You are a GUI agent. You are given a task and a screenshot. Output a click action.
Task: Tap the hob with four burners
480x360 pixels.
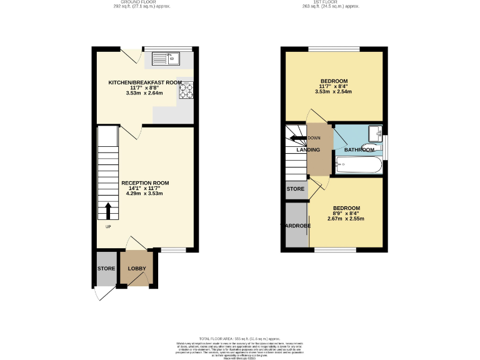point(186,91)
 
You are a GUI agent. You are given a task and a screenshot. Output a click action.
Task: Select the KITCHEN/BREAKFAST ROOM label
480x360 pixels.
point(145,82)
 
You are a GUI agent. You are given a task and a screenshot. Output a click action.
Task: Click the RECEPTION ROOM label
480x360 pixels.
point(145,182)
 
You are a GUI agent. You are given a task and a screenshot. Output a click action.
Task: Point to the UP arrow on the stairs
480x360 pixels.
point(108,210)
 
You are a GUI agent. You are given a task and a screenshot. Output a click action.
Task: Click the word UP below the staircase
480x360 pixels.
point(108,226)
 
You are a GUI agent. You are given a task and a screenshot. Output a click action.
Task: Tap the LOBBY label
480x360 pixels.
point(137,269)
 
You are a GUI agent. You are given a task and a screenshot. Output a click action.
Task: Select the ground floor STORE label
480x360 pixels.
point(106,269)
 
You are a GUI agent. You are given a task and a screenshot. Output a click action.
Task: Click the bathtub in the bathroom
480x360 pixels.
point(357,165)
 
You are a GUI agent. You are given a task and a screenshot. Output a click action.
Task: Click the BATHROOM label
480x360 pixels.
point(359,150)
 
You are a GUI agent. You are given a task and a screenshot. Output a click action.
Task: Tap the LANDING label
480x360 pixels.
point(308,150)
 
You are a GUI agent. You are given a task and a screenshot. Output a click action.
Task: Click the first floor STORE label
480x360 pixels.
point(296,188)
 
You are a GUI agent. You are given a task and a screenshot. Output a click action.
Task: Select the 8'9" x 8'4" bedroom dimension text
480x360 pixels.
point(346,213)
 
